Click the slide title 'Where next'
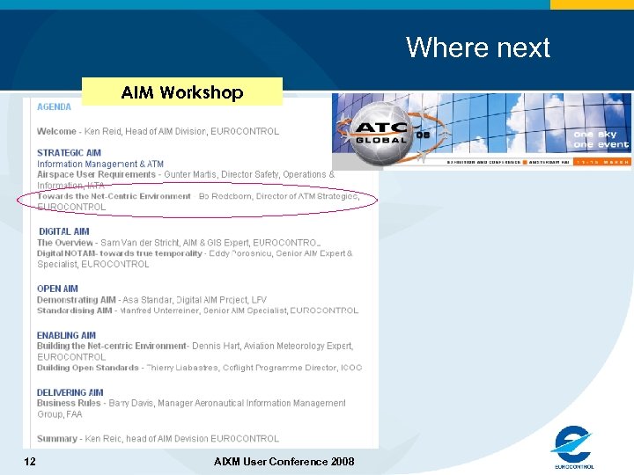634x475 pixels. tap(477, 47)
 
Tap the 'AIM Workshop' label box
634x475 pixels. tap(182, 92)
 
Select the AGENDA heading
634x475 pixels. tap(54, 107)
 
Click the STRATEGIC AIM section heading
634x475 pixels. tap(69, 153)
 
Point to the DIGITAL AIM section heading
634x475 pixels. tap(63, 231)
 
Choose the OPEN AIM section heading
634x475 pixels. tap(57, 289)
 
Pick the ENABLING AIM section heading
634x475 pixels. tap(66, 335)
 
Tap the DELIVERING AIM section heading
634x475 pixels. tap(70, 392)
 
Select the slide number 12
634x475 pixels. tap(31, 462)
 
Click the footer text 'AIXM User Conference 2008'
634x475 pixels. tap(284, 462)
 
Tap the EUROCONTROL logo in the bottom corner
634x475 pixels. tap(573, 447)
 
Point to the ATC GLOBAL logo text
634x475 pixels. tap(380, 133)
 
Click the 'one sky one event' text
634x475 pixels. tap(601, 140)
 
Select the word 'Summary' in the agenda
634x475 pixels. tap(56, 438)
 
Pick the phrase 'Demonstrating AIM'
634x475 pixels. tap(76, 300)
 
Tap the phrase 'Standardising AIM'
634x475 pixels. tap(75, 311)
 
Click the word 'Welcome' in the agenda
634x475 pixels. tap(56, 131)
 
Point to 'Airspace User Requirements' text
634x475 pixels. tap(96, 174)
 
